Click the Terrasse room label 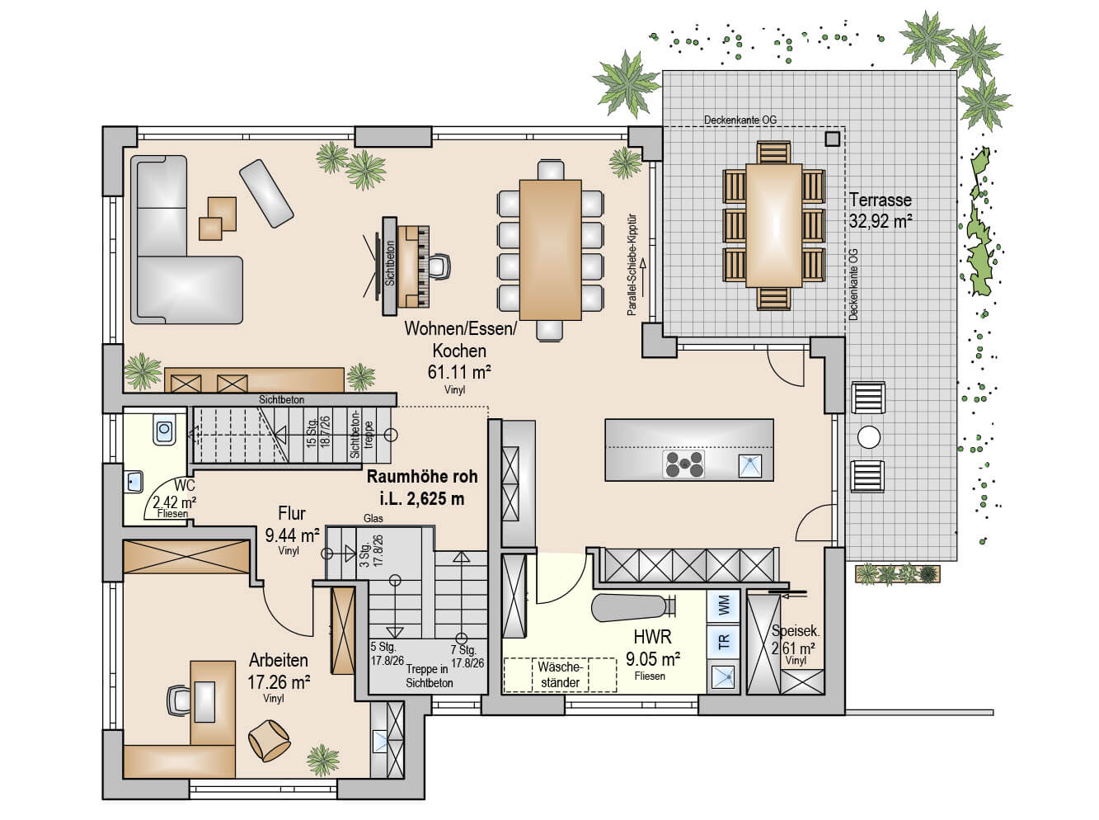[881, 200]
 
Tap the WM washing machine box [723, 606]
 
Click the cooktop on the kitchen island [683, 464]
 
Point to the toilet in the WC [164, 429]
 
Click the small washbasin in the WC [134, 482]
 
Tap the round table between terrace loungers [868, 436]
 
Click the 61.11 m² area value [458, 372]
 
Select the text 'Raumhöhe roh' [422, 476]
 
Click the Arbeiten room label [279, 660]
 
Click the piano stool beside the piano [438, 266]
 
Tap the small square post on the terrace [832, 139]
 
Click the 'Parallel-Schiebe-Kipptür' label [632, 266]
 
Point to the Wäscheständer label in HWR [561, 675]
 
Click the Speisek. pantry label [795, 630]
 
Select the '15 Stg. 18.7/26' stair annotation [318, 431]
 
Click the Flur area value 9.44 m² [292, 535]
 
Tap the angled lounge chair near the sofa [265, 193]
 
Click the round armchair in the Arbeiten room [270, 741]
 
